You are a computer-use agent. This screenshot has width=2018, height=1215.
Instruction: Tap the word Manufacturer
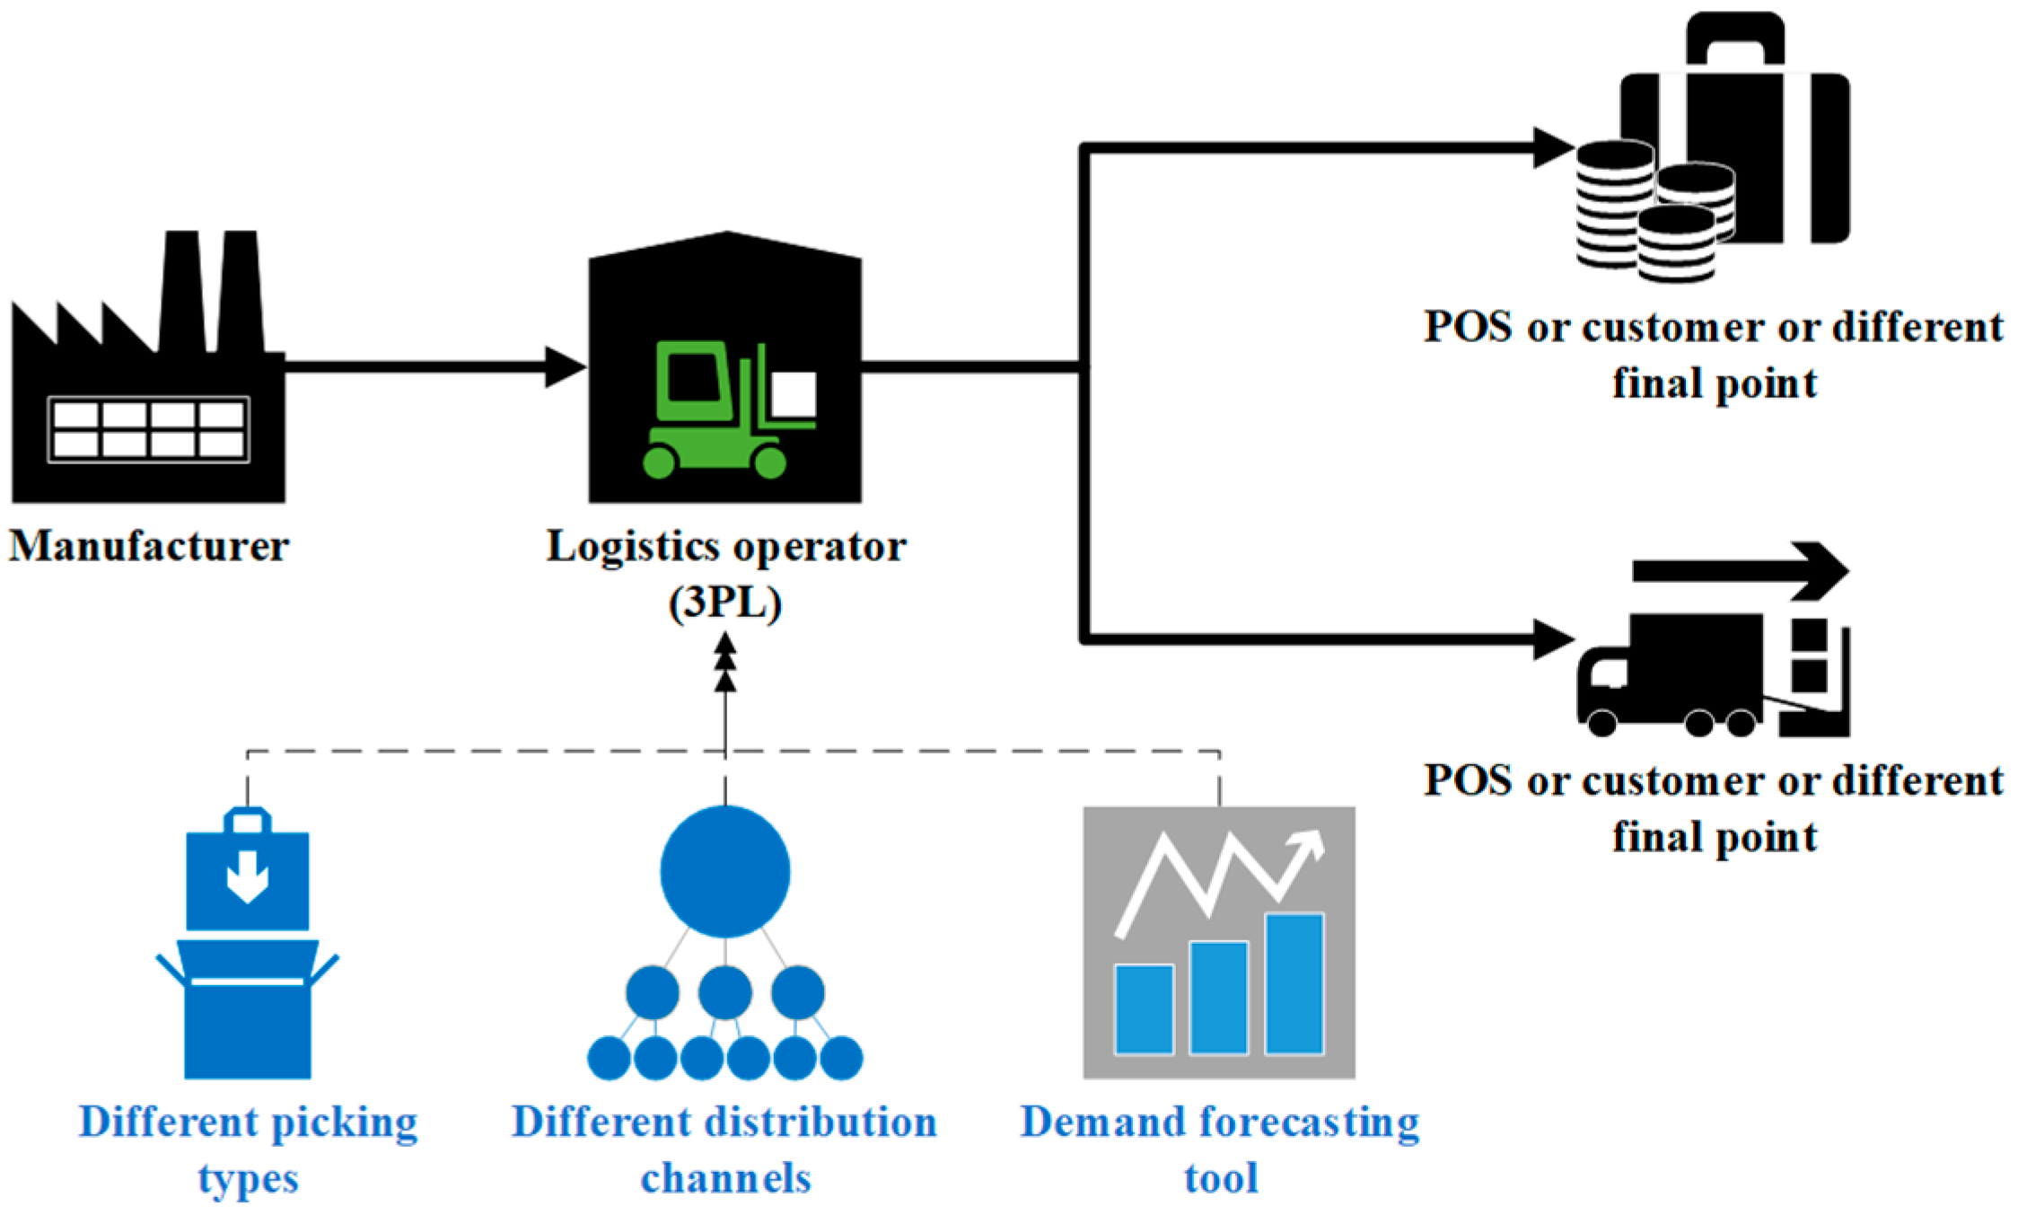(149, 546)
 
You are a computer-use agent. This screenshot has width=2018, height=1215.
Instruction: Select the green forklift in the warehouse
(729, 409)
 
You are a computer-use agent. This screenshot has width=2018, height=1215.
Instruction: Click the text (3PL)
(725, 603)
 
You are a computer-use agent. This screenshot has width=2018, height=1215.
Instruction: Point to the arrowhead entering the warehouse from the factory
(566, 366)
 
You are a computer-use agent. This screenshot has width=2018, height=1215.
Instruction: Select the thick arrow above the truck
(1741, 571)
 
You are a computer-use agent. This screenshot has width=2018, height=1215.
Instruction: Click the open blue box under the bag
(248, 1008)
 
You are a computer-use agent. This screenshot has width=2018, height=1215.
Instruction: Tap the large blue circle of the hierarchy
(725, 871)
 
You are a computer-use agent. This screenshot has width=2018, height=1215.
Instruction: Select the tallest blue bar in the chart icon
(1294, 983)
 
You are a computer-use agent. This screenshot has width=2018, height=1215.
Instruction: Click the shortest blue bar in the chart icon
(1145, 1008)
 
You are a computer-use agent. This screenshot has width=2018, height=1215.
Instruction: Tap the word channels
(725, 1178)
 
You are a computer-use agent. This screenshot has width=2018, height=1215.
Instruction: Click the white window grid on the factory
(149, 429)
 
